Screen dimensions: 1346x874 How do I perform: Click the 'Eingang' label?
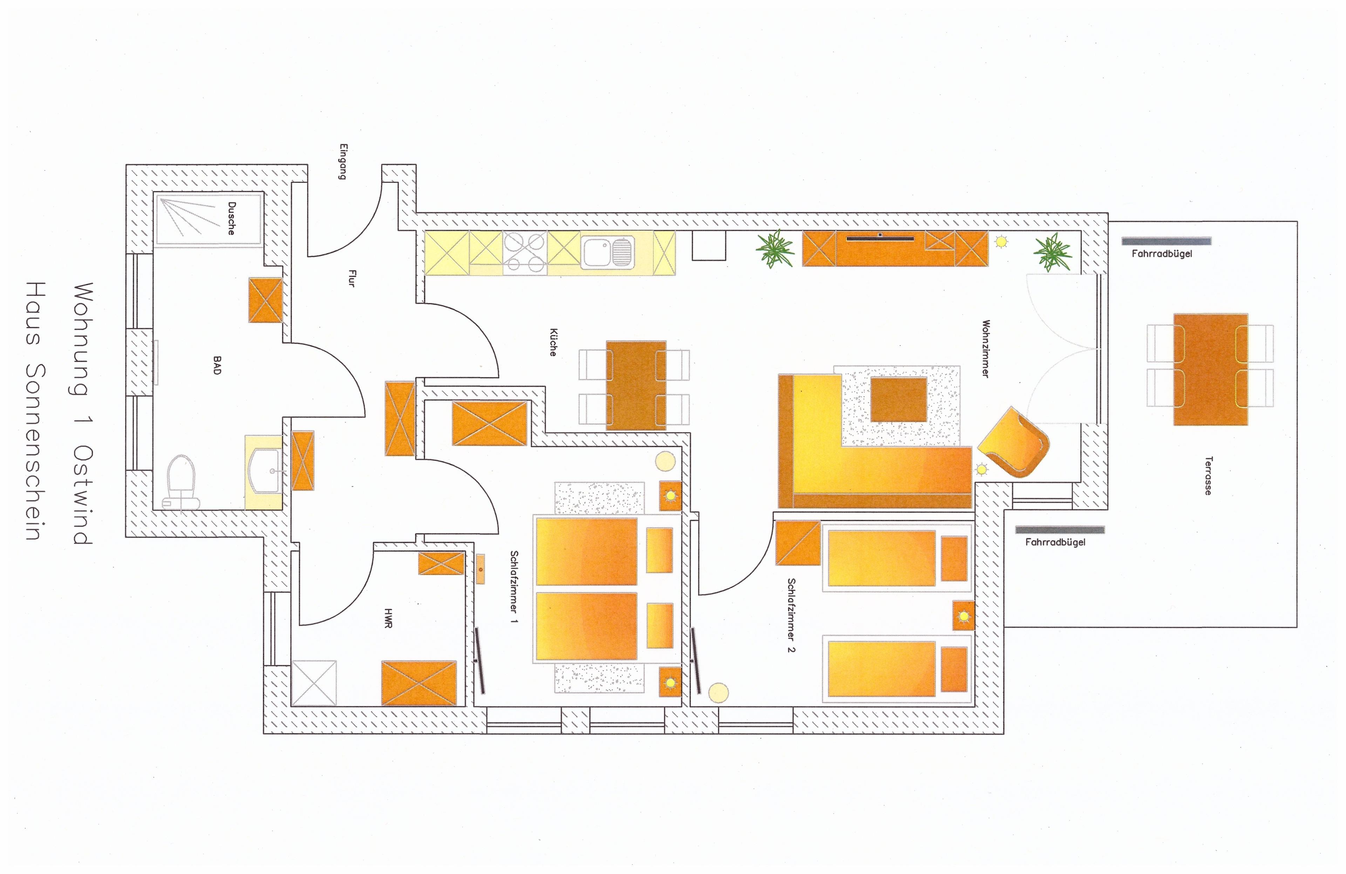[x=343, y=162]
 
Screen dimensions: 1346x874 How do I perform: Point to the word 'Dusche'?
[x=231, y=218]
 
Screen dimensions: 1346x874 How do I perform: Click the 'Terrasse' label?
[x=1208, y=476]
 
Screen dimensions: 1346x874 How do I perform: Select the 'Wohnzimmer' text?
[x=986, y=349]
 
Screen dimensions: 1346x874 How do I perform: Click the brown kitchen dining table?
[x=636, y=385]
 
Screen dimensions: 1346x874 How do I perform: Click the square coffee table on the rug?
[x=898, y=400]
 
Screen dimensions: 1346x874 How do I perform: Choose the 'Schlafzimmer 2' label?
[x=791, y=615]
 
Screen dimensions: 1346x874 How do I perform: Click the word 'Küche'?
[x=553, y=342]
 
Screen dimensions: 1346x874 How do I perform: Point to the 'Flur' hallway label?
[x=352, y=278]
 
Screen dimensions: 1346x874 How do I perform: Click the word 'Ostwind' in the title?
[x=83, y=495]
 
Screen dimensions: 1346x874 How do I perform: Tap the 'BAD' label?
[x=217, y=365]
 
